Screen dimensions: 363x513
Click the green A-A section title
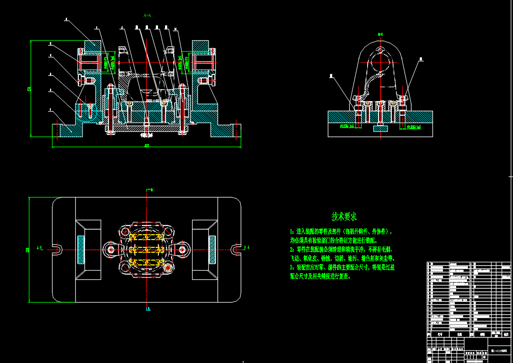pyautogui.click(x=147, y=15)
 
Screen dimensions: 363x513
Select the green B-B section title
pyautogui.click(x=380, y=34)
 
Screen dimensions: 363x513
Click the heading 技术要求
pyautogui.click(x=344, y=216)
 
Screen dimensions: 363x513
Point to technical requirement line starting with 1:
pyautogui.click(x=341, y=231)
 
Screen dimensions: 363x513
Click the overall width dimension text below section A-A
pyautogui.click(x=146, y=145)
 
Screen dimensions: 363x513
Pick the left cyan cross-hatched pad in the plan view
pyautogui.click(x=81, y=250)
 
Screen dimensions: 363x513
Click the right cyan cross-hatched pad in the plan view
pyautogui.click(x=212, y=250)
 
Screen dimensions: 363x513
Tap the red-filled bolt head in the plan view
pyautogui.click(x=167, y=268)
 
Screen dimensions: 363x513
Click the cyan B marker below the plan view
pyautogui.click(x=148, y=309)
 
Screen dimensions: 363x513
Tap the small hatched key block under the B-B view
pyautogui.click(x=380, y=128)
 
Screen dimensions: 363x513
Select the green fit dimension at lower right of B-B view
pyautogui.click(x=414, y=127)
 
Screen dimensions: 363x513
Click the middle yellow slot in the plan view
pyautogui.click(x=147, y=250)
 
